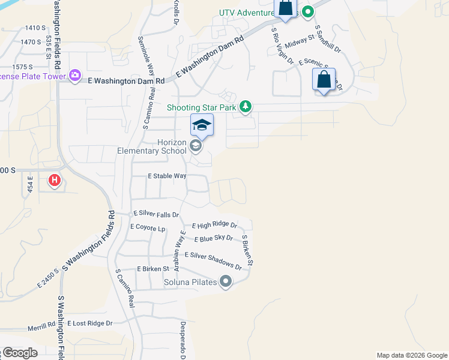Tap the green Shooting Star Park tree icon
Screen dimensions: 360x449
pos(245,107)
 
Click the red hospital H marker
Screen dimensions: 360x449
pos(55,179)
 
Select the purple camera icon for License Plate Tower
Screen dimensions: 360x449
pos(75,76)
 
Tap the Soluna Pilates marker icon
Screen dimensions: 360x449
pos(226,281)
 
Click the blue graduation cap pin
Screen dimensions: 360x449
pos(202,125)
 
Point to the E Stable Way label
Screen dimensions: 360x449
pos(167,176)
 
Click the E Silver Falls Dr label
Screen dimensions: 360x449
pos(156,214)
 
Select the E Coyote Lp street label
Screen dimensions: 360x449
pos(148,227)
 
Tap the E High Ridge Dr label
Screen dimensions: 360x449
pos(214,226)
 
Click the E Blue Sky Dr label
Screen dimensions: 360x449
pos(213,238)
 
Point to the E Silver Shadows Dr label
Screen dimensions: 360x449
pos(212,260)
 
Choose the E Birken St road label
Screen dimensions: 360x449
pos(153,269)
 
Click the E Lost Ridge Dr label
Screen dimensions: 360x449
pos(90,323)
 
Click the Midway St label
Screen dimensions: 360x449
pos(300,41)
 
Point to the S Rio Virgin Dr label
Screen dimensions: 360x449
pos(282,46)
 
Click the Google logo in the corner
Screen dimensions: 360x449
pos(19,353)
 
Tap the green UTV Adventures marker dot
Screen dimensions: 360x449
pos(307,11)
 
